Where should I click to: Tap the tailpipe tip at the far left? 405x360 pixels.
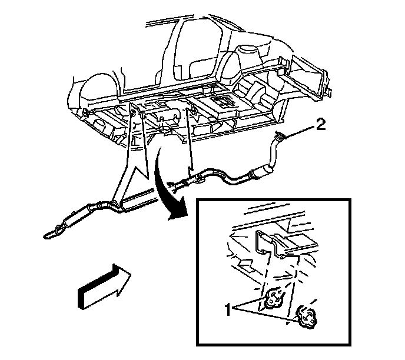[48, 236]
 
